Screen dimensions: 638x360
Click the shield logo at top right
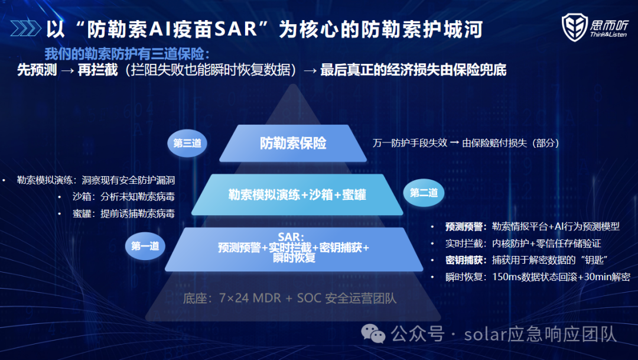tap(574, 27)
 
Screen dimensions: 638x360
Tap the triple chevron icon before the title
tap(25, 28)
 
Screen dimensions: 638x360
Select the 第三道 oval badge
tap(187, 143)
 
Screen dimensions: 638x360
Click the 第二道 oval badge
tap(424, 193)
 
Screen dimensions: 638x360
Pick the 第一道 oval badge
tap(145, 246)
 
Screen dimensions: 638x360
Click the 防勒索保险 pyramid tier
tap(293, 143)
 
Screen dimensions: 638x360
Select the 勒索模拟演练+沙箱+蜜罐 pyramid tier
tap(297, 194)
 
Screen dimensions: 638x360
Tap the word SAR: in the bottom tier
tap(291, 237)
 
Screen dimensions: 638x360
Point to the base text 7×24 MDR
tap(250, 298)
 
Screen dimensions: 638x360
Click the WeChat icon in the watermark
tap(373, 333)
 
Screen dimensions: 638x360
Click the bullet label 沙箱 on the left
tap(82, 197)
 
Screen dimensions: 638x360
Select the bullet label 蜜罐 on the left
tap(82, 213)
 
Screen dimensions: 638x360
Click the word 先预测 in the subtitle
tap(37, 70)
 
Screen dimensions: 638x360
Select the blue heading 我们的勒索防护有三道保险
tap(124, 54)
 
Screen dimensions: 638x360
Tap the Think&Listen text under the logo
tap(608, 35)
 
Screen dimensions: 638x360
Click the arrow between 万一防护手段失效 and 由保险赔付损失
tap(454, 143)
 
